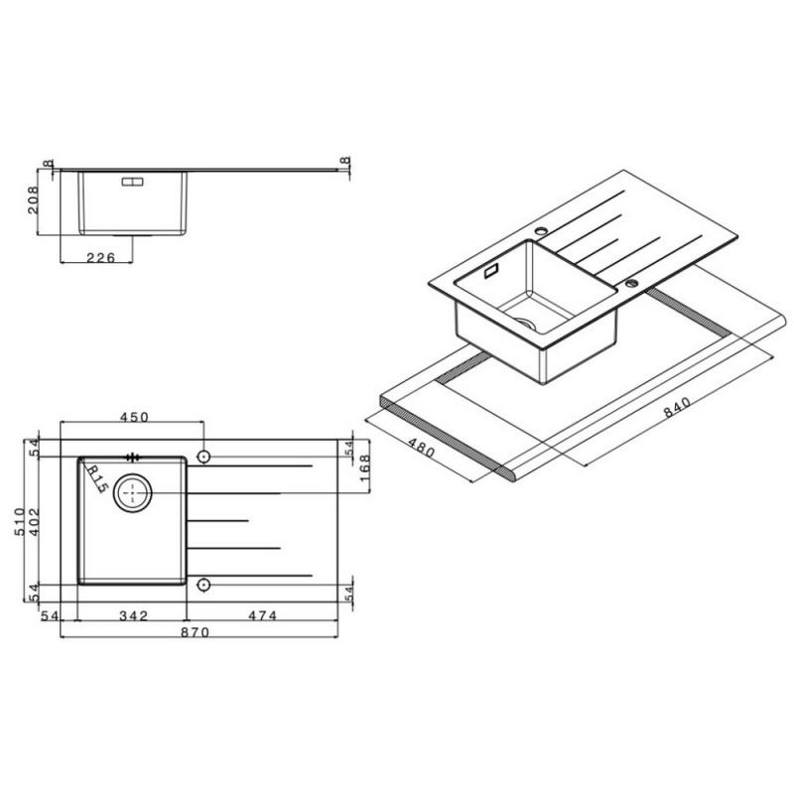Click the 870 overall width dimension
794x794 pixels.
pos(195,632)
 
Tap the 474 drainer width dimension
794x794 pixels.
pos(262,615)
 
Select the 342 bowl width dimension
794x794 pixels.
pos(133,615)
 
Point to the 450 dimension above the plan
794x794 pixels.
pos(134,417)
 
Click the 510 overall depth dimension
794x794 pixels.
pos(19,522)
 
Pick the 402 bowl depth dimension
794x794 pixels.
pos(34,522)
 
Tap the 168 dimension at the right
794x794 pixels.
pos(364,468)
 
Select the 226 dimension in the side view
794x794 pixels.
pos(101,258)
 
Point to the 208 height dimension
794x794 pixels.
pos(33,200)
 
